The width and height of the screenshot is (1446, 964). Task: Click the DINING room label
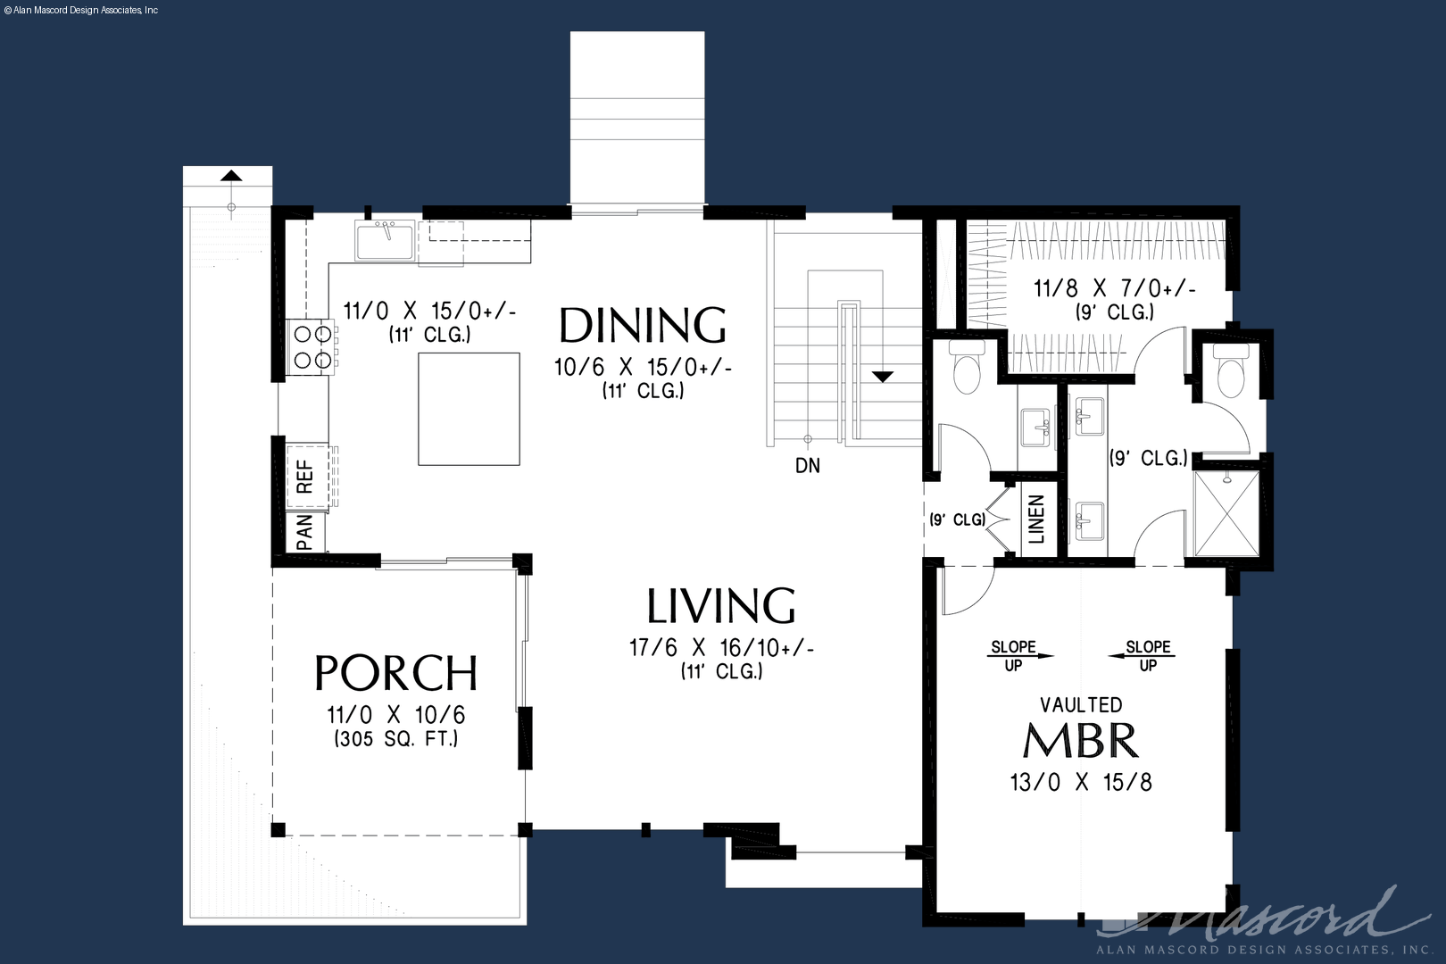tap(643, 326)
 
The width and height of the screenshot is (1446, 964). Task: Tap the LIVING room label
tap(721, 606)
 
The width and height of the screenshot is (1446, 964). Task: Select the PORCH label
tap(395, 673)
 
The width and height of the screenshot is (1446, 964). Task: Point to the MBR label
tap(1081, 741)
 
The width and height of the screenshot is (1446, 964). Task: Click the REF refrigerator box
tap(308, 477)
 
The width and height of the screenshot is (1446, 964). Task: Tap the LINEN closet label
tap(1035, 519)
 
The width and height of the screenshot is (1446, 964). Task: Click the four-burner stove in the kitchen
tap(312, 347)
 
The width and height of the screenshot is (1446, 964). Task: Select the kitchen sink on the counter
tap(385, 240)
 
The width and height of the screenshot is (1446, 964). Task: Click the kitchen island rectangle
tap(470, 409)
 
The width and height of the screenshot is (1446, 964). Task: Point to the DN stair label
tap(808, 466)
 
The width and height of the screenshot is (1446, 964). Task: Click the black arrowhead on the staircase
tap(883, 377)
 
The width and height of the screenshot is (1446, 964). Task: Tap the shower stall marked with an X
tap(1226, 514)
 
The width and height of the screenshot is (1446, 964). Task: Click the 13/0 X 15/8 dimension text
tap(1081, 783)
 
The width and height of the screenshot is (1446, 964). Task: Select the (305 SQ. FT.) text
tap(395, 738)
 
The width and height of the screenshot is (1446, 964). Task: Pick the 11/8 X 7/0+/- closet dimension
tap(1115, 288)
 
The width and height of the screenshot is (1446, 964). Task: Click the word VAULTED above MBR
tap(1081, 704)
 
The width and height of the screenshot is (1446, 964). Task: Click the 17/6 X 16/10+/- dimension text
tap(722, 648)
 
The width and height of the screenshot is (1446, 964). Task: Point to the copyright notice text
tap(80, 11)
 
